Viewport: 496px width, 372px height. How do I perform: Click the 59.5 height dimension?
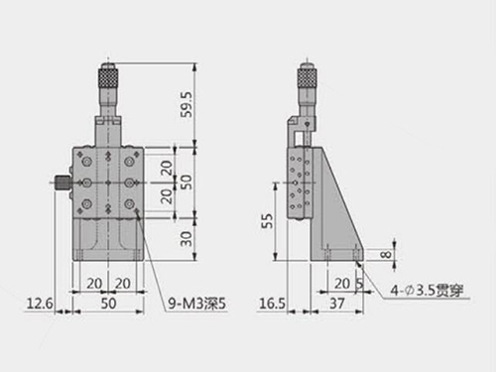pos(186,104)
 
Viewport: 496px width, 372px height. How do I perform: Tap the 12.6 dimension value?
pos(40,304)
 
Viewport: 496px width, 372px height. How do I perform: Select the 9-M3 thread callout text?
pos(197,304)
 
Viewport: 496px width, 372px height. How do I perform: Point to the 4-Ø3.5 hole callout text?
pos(427,291)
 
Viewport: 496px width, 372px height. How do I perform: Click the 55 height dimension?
pos(268,221)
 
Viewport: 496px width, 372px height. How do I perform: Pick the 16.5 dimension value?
pos(272,304)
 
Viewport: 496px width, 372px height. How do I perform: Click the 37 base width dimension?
pos(337,304)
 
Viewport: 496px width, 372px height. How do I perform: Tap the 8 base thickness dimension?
pos(386,255)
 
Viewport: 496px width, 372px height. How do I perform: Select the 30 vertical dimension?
pos(186,239)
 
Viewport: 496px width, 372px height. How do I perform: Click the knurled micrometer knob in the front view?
pos(108,77)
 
